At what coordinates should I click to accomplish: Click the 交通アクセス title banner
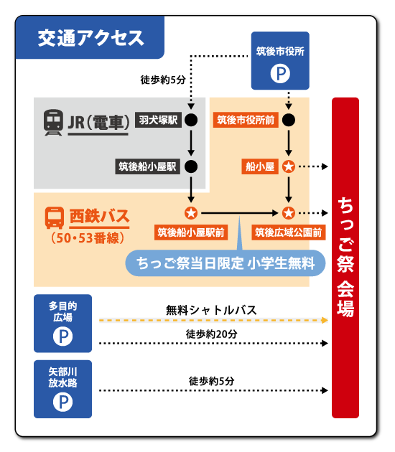[90, 37]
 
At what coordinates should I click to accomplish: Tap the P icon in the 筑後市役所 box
[280, 73]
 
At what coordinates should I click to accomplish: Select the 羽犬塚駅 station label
[158, 120]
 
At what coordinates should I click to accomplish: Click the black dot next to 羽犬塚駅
[191, 120]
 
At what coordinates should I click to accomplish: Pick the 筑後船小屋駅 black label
[147, 166]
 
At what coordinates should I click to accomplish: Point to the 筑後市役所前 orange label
[246, 120]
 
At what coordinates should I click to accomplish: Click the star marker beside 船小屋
[288, 166]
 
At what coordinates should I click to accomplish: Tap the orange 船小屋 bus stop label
[260, 166]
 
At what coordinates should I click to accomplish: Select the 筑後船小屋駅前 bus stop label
[191, 232]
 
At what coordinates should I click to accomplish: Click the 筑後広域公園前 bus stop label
[288, 232]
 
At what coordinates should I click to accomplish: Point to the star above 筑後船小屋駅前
[191, 213]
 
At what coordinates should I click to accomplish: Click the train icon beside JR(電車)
[53, 122]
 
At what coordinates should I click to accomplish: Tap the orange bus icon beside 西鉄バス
[55, 217]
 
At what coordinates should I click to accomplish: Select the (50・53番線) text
[88, 238]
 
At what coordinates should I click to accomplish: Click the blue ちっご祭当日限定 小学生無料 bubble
[226, 263]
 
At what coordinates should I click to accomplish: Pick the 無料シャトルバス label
[211, 310]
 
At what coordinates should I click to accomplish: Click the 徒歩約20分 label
[211, 334]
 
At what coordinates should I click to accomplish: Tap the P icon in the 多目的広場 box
[62, 336]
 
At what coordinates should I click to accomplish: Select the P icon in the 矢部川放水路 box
[62, 402]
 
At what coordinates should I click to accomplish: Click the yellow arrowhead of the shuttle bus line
[325, 320]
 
